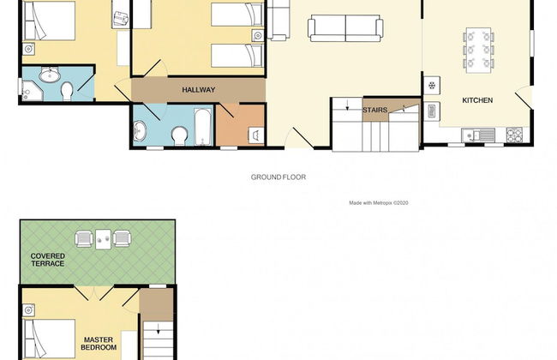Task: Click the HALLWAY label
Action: point(199,90)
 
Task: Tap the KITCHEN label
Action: point(477,100)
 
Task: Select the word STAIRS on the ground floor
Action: point(374,110)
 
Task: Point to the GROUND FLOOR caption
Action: point(278,177)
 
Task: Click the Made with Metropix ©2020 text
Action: point(378,203)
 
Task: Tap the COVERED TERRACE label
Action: point(48,260)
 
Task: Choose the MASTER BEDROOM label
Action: point(99,344)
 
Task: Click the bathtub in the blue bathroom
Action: point(203,127)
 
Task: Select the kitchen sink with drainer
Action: point(478,135)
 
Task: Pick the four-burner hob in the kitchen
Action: point(514,135)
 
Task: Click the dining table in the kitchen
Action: point(478,50)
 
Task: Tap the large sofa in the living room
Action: point(345,28)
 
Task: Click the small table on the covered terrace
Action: point(103,239)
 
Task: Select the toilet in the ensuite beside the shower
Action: point(67,92)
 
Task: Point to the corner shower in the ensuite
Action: point(33,90)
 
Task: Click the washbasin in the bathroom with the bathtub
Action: point(140,131)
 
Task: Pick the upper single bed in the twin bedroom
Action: point(237,15)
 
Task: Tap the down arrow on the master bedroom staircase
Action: point(158,329)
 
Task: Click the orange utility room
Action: point(241,125)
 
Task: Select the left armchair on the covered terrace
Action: point(84,239)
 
